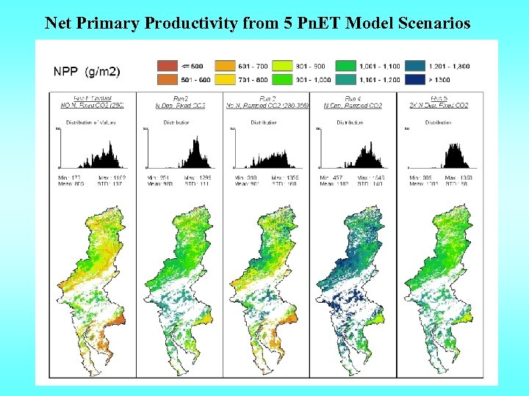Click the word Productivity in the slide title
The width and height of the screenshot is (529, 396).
click(x=191, y=23)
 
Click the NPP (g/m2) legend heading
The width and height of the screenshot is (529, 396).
click(x=87, y=71)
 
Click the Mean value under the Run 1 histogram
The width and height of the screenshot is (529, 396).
click(x=71, y=184)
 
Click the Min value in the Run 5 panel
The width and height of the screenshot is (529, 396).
click(x=417, y=178)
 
